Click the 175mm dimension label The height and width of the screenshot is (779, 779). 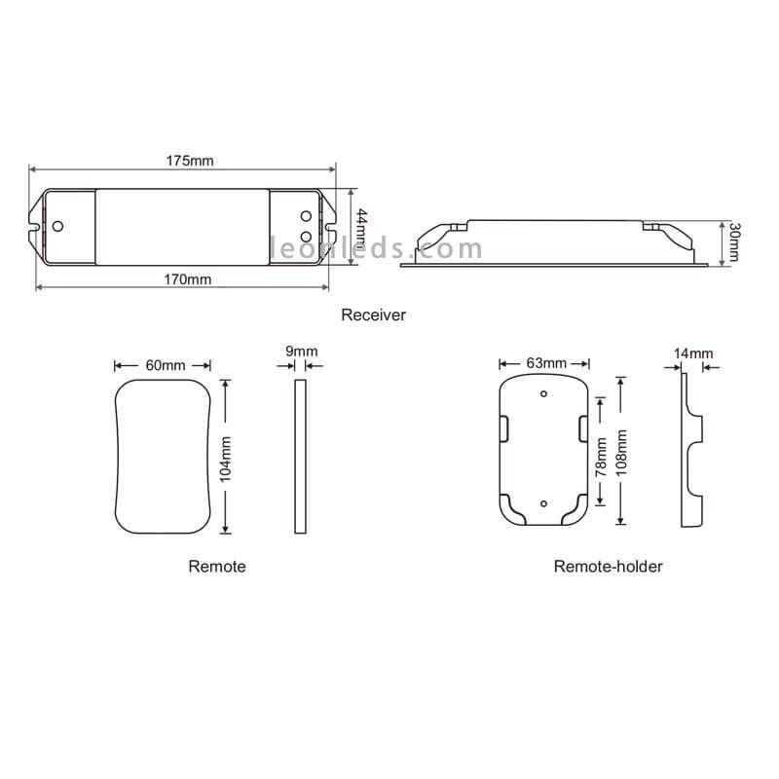coord(190,161)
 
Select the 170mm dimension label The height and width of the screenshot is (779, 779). coord(188,279)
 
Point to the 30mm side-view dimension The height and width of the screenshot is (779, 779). coord(734,241)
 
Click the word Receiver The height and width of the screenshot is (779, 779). coord(374,315)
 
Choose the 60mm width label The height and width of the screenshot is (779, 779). coord(166,365)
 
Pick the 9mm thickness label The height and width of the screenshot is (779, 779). coord(302,352)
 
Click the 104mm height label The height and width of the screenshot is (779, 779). coord(226,459)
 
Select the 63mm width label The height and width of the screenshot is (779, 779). coord(546,362)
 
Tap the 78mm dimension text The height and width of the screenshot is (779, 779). coord(601,457)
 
